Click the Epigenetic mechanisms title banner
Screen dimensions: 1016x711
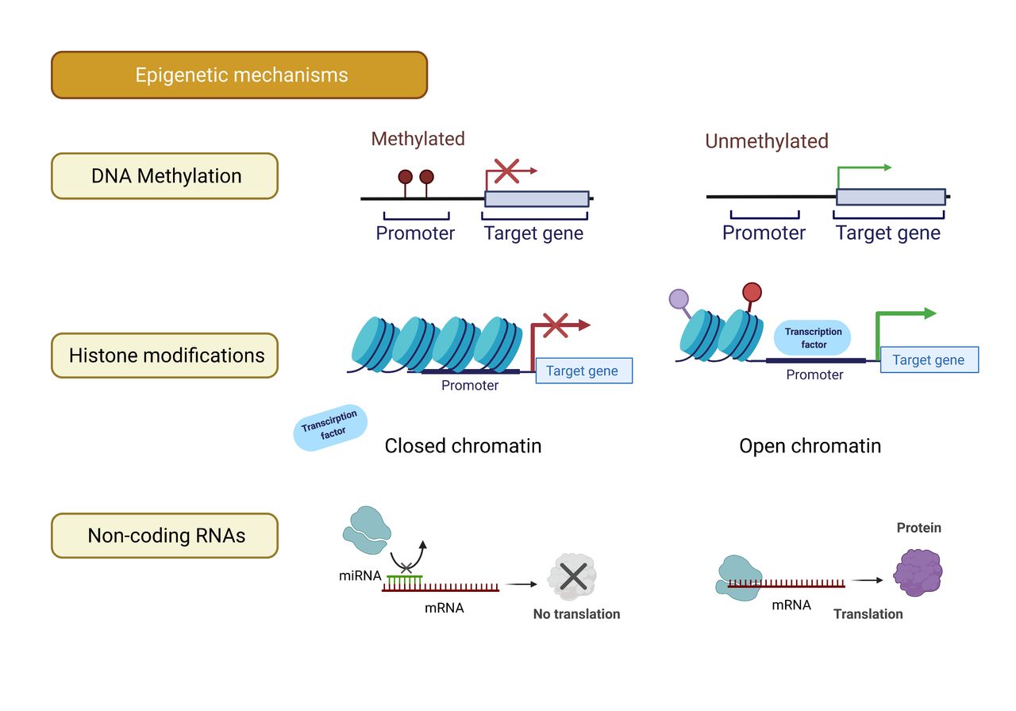pyautogui.click(x=239, y=75)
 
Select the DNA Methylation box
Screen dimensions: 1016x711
pyautogui.click(x=164, y=176)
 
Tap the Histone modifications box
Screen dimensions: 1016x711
pyautogui.click(x=164, y=355)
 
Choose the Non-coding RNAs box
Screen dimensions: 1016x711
pyautogui.click(x=164, y=536)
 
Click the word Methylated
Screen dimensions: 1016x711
pyautogui.click(x=418, y=139)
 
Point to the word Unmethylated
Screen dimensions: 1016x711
pyautogui.click(x=767, y=141)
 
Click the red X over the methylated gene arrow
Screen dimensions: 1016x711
pyautogui.click(x=506, y=171)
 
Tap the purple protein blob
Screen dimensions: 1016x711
pyautogui.click(x=918, y=572)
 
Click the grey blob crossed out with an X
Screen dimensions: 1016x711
pyautogui.click(x=572, y=577)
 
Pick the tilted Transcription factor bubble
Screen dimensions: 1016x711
pyautogui.click(x=330, y=427)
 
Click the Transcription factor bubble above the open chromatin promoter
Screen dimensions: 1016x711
pyautogui.click(x=812, y=338)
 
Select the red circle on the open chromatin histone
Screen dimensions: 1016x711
pyautogui.click(x=752, y=292)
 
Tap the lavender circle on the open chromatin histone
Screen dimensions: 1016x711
pyautogui.click(x=679, y=299)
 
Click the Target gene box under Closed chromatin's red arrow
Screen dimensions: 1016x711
pyautogui.click(x=584, y=371)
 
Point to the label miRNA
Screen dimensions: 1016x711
pyautogui.click(x=360, y=575)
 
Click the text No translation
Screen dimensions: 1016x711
pyautogui.click(x=576, y=614)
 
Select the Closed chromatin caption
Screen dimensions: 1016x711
pyautogui.click(x=463, y=446)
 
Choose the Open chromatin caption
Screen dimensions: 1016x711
pyautogui.click(x=810, y=446)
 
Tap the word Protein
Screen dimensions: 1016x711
pyautogui.click(x=919, y=528)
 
